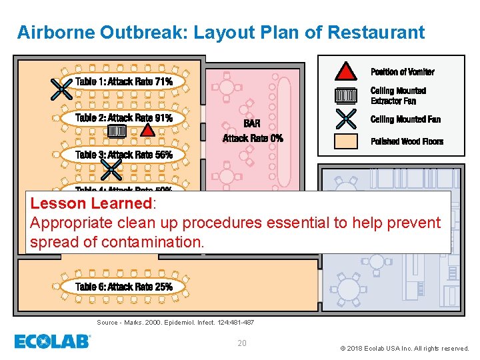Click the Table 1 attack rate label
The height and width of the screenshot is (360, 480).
coord(124,81)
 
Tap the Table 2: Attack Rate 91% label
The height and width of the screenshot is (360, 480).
coord(124,118)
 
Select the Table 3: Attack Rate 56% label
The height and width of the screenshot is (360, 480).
coord(124,155)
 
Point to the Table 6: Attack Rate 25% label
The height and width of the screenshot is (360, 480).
coord(124,287)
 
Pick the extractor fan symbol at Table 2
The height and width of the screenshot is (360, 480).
coord(116,131)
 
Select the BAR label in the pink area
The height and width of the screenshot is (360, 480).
coord(252,124)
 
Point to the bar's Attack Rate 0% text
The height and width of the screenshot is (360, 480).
coord(253,138)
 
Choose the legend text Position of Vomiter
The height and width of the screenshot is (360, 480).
coord(402,72)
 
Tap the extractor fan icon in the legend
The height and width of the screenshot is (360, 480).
coord(345,95)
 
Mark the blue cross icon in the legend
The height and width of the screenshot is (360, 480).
coord(345,119)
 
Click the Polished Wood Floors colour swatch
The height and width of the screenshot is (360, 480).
coord(345,141)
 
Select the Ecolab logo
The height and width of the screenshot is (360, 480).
coord(53,341)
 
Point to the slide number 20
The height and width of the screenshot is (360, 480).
coord(242,343)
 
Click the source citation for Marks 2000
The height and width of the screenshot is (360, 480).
coord(175,323)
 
